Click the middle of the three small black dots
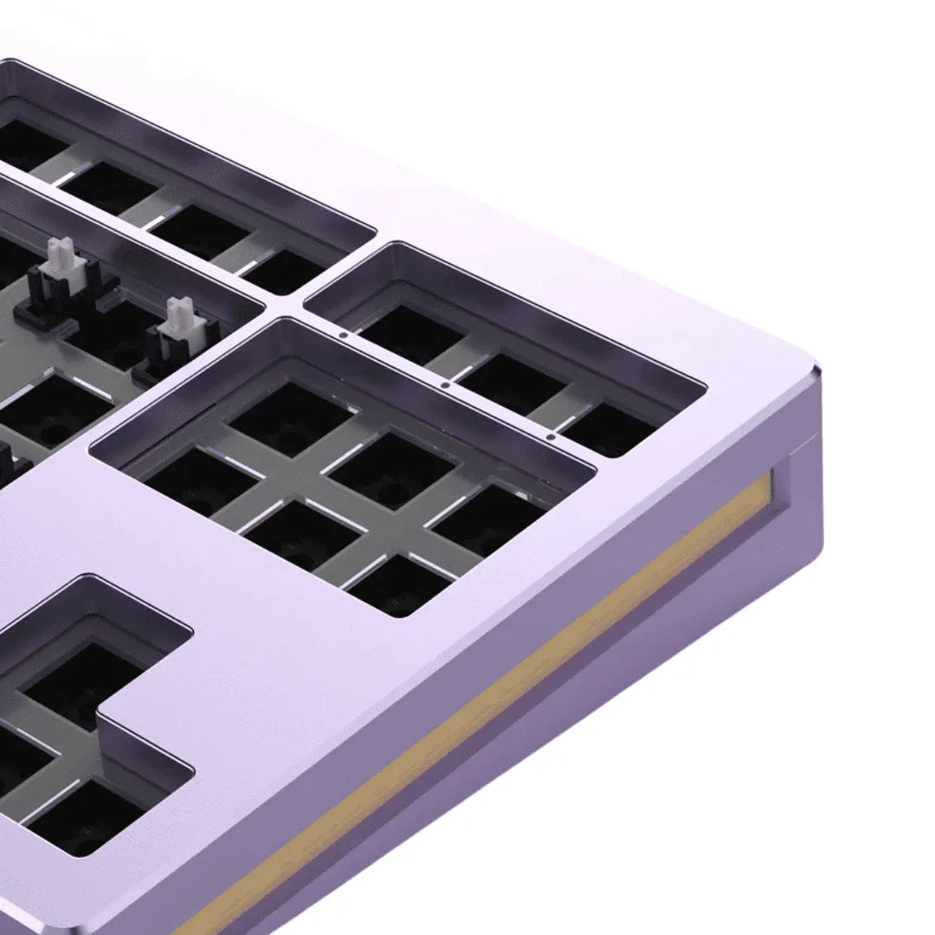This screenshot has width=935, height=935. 444,384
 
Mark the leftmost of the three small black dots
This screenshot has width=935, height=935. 344,332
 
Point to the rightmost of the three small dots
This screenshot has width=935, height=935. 551,437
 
